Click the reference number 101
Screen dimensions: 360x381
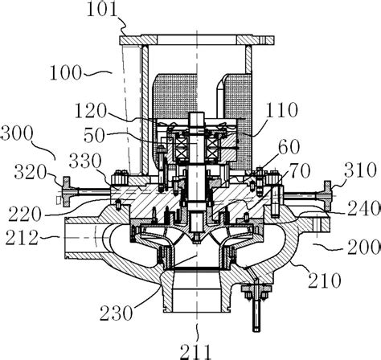pyautogui.click(x=101, y=10)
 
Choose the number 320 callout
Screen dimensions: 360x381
pyautogui.click(x=24, y=169)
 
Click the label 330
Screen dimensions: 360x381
pyautogui.click(x=84, y=163)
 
